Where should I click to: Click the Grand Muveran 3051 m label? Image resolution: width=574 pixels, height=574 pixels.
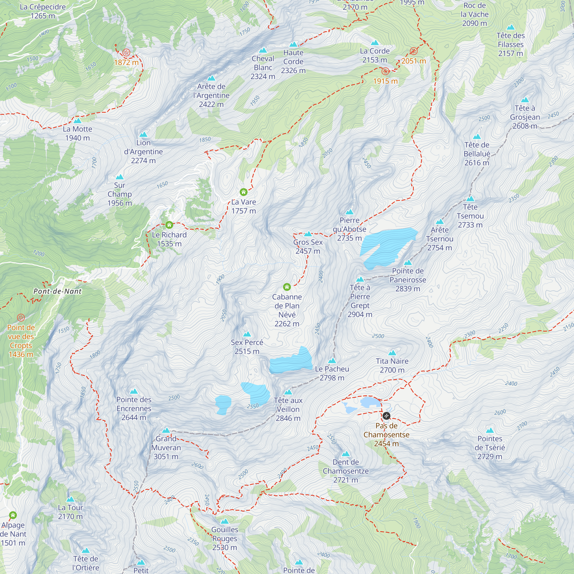pos(166,447)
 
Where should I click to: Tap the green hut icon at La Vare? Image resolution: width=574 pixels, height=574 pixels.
pos(243,192)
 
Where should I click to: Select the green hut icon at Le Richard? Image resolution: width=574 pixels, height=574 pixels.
pos(169,225)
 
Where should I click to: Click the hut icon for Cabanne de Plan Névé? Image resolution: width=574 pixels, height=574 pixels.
pos(287,287)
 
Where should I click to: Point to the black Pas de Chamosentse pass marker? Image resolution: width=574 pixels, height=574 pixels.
pos(386,416)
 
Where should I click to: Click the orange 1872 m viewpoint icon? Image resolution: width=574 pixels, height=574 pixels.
pos(126,53)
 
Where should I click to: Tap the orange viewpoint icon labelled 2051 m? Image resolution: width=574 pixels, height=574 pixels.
pos(413,51)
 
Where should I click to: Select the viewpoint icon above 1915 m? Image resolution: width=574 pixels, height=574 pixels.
pos(385,71)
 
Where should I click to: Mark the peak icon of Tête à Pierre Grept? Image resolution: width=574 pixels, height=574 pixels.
pos(360,279)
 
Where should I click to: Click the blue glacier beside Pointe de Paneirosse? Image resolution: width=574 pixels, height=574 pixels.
pos(386,247)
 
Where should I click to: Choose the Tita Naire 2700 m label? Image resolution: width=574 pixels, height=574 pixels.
pos(392,365)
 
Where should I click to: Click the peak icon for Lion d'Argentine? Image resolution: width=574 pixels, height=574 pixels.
pos(143,134)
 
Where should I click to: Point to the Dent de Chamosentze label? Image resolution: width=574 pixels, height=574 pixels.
pos(346,471)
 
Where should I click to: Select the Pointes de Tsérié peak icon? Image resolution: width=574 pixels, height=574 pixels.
pos(490,430)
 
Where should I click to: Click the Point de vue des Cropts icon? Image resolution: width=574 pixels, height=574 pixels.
pos(21,317)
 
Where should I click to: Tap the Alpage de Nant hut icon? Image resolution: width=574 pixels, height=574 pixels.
pos(13,515)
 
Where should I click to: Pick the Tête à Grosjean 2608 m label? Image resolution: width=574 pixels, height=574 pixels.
pos(525,117)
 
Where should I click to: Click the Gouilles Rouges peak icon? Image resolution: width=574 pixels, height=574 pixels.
pos(225,521)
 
